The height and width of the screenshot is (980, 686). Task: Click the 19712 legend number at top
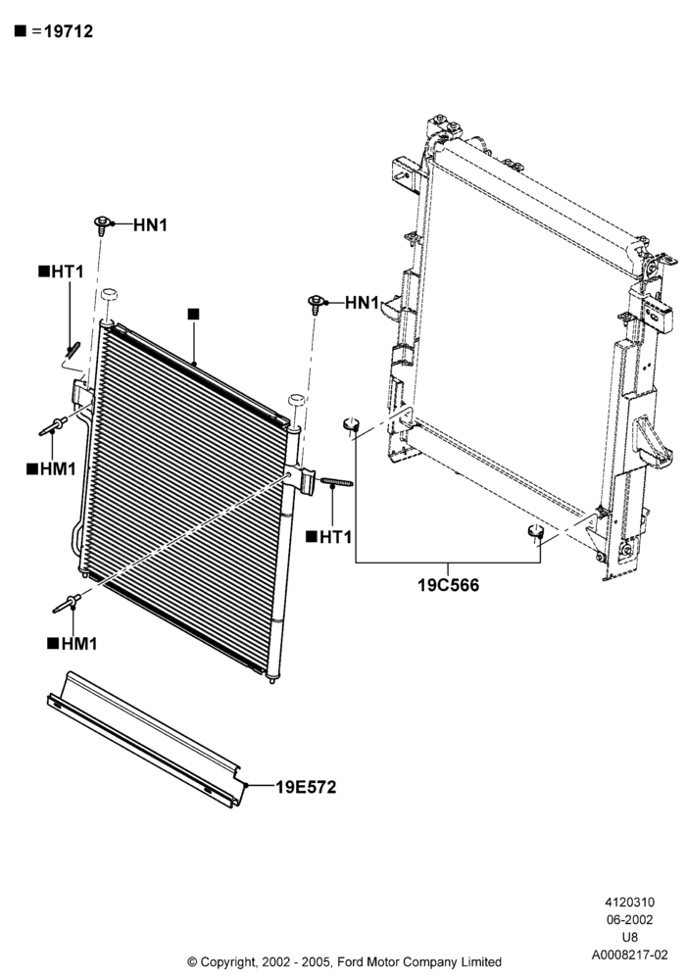click(x=68, y=31)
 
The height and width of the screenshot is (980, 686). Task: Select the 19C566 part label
click(x=448, y=585)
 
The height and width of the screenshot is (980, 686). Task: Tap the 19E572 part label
click(x=306, y=787)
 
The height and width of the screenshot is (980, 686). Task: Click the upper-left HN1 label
click(x=150, y=225)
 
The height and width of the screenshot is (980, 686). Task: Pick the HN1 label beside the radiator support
click(x=362, y=303)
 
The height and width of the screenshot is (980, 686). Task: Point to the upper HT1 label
click(x=67, y=271)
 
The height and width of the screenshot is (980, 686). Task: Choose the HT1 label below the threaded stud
click(x=335, y=537)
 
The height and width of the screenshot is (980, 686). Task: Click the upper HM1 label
click(x=58, y=468)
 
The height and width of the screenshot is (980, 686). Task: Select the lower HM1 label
click(x=79, y=643)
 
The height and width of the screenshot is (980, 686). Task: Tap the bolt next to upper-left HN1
click(x=103, y=225)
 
